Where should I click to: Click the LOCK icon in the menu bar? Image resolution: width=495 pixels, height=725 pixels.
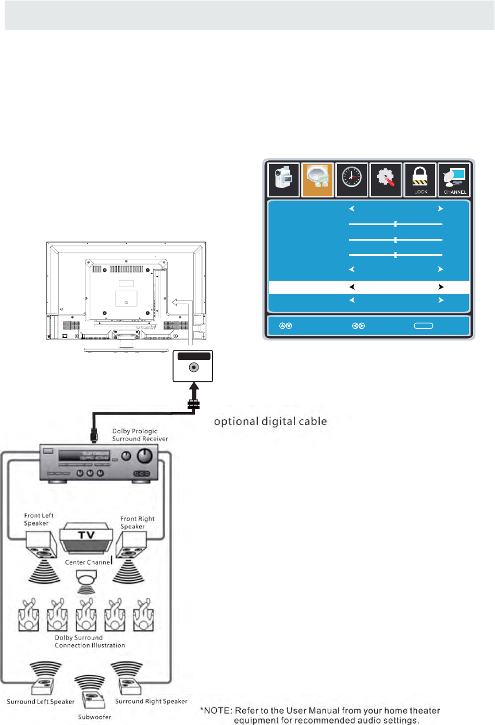point(420,180)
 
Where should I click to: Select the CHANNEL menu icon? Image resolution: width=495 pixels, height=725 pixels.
point(454,180)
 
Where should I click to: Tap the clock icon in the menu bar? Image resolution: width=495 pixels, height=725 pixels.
point(352,180)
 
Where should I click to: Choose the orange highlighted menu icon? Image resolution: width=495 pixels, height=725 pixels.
point(317,180)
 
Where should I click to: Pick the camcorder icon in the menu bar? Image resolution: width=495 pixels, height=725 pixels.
point(283,180)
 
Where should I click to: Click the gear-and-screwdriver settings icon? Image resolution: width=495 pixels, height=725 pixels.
point(386,180)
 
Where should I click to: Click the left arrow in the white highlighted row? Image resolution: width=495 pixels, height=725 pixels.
point(352,287)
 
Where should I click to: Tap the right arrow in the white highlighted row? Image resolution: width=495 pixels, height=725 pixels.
point(441,287)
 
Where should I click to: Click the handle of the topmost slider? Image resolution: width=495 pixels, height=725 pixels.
point(396,224)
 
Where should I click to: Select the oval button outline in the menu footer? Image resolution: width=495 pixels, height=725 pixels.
point(423,326)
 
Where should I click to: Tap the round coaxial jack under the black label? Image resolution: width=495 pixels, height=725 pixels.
point(193,368)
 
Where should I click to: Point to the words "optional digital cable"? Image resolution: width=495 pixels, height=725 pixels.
point(270,421)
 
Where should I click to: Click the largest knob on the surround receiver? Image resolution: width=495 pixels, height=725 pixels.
point(144,456)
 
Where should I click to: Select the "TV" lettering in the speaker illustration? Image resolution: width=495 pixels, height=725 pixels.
point(86,535)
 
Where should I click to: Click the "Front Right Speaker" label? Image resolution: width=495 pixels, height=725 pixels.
point(137,522)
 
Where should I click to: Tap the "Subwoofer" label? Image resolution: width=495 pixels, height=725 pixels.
point(94,717)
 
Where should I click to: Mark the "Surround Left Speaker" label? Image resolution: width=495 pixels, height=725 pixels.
point(41,702)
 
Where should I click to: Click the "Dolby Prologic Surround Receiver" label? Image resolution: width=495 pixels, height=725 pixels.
point(140,435)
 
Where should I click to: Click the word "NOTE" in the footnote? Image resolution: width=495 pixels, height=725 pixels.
point(217,710)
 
